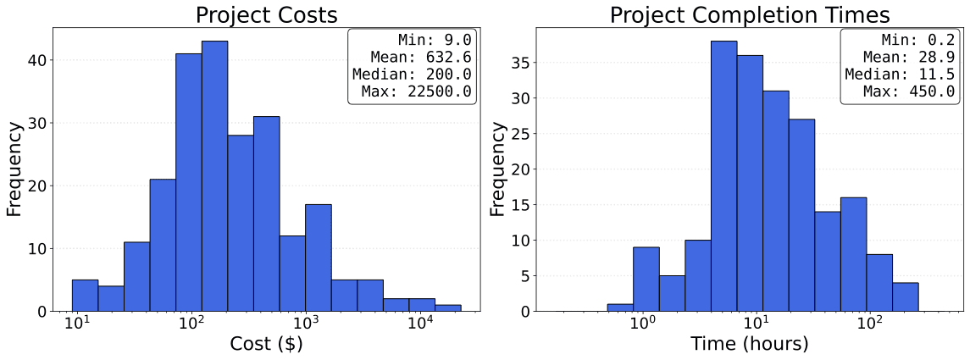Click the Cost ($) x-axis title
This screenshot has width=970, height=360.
(x=266, y=344)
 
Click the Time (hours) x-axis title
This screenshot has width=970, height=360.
(x=749, y=344)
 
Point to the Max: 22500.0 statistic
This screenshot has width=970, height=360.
(x=416, y=91)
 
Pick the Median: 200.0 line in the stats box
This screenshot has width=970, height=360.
(x=411, y=75)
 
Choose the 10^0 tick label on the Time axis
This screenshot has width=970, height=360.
(x=643, y=324)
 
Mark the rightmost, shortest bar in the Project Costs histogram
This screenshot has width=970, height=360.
(x=447, y=308)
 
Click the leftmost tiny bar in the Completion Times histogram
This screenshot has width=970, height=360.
(x=620, y=307)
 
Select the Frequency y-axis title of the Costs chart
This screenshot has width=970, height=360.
(x=14, y=169)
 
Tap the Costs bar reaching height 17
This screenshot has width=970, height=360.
(x=319, y=258)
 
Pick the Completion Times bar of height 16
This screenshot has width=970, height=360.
(x=853, y=254)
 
